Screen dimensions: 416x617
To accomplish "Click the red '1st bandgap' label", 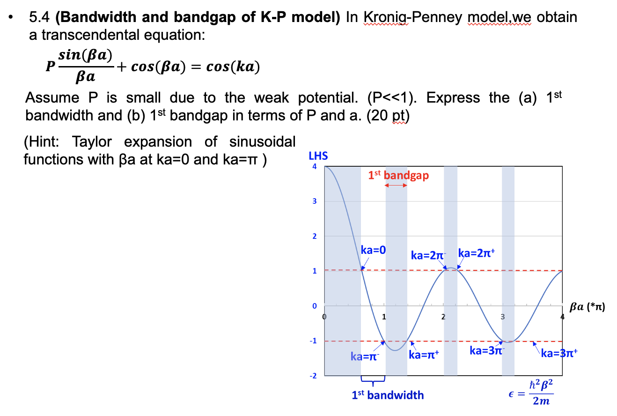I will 398,175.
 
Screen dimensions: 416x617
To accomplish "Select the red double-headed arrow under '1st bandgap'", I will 396,186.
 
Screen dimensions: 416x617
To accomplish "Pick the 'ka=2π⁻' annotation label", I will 428,255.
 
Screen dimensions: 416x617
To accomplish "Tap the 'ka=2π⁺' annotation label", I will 477,253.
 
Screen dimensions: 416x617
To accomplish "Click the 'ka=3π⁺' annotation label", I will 559,354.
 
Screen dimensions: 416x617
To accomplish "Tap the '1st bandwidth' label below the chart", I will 388,395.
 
